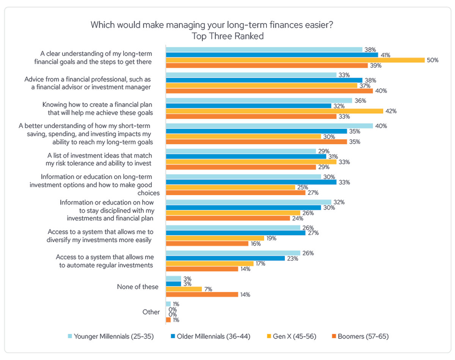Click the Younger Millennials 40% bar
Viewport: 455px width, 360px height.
click(269, 126)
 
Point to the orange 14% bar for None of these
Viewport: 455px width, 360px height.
click(202, 294)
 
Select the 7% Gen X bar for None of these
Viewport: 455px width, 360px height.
click(184, 289)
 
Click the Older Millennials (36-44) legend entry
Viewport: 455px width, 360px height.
click(207, 336)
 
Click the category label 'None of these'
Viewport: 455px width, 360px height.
click(138, 287)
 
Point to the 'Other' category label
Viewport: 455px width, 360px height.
click(151, 312)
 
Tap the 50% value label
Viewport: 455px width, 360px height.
click(432, 60)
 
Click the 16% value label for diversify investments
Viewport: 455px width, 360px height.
click(255, 244)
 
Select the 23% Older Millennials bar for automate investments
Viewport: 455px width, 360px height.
click(225, 258)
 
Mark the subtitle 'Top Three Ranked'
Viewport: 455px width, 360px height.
click(227, 36)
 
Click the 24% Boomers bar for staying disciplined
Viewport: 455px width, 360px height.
click(227, 218)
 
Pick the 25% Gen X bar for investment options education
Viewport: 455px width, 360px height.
click(230, 187)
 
